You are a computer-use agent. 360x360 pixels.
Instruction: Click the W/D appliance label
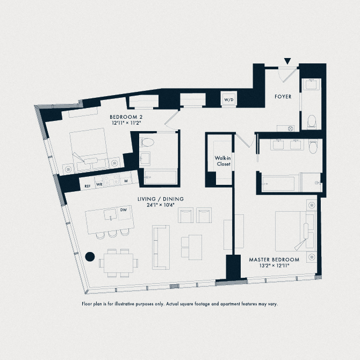[228, 99]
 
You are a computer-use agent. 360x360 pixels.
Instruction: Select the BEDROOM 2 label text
[126, 117]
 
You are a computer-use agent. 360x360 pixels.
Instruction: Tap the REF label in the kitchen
[87, 185]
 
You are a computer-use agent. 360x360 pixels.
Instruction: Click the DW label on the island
[123, 210]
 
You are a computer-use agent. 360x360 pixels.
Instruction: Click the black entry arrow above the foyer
[289, 62]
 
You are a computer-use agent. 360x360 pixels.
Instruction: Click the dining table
[118, 263]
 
